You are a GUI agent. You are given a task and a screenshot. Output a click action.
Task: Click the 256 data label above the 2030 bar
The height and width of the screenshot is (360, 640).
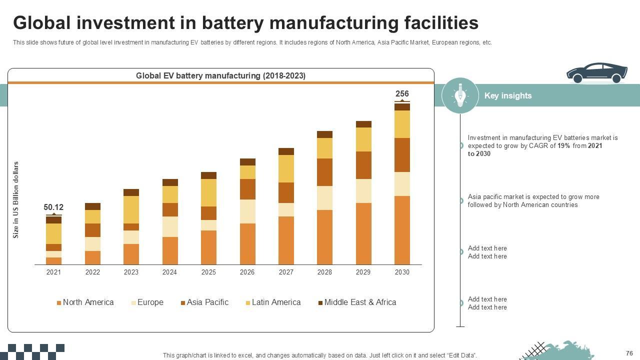pos(402,93)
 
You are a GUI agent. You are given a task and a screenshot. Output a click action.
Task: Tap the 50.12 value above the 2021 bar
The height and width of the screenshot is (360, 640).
pos(53,207)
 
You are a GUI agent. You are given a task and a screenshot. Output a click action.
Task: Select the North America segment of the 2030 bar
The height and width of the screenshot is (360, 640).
pos(402,230)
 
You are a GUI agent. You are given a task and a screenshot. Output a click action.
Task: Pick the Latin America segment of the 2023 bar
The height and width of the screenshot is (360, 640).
pos(131,209)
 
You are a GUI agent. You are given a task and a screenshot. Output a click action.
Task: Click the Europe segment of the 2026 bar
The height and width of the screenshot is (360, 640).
pos(247,211)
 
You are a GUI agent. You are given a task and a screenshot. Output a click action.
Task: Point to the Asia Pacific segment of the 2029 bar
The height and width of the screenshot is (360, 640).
pos(363,165)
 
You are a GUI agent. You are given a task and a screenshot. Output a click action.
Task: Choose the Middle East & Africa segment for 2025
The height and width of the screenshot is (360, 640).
pos(208,175)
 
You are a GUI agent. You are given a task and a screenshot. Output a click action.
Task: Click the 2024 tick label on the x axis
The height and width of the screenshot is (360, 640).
pos(169,272)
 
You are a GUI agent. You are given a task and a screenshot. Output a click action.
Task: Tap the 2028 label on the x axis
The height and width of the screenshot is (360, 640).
pos(324,272)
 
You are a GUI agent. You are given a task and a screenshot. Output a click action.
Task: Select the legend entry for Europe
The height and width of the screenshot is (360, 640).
pos(147,302)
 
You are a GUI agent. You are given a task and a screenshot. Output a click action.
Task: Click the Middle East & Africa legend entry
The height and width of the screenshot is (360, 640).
pos(357,302)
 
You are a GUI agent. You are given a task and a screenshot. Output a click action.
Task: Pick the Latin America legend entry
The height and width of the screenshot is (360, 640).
pos(273,302)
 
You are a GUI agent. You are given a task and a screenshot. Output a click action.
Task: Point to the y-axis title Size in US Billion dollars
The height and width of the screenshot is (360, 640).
pos(16,199)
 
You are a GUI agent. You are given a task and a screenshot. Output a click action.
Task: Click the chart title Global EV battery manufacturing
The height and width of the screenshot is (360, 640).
pos(220,75)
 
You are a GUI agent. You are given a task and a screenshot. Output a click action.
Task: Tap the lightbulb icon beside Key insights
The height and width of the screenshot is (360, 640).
pos(460,95)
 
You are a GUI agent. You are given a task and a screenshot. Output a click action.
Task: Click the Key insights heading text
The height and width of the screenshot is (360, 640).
pos(507,95)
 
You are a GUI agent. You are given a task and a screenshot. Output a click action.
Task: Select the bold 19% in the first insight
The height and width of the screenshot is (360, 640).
pos(563,146)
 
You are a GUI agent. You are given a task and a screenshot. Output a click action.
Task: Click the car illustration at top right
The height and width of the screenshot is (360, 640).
pos(596,73)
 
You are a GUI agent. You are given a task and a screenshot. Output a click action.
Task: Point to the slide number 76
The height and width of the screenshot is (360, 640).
pos(629,353)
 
